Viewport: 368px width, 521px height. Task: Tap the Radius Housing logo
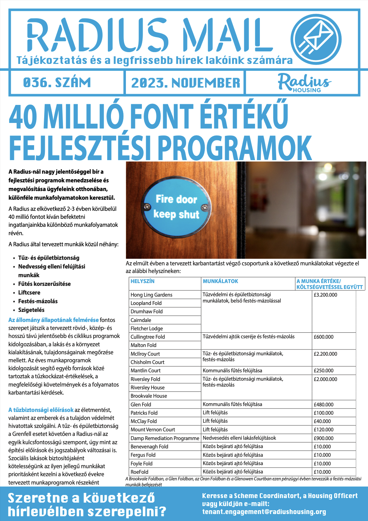pos(304,83)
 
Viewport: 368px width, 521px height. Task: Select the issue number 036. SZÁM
pos(57,83)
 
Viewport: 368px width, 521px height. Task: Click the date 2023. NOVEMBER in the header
pos(185,83)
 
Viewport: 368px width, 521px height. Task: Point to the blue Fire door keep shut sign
pos(177,206)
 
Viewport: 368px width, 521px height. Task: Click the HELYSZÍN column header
pos(143,281)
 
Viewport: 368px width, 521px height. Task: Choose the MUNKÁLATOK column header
pos(221,281)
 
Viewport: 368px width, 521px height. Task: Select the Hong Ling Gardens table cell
pos(151,295)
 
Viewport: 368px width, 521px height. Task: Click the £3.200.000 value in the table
pos(325,295)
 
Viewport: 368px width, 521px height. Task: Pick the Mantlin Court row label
pos(145,371)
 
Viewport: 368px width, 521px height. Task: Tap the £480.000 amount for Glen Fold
pos(323,405)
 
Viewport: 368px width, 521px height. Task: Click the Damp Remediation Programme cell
pos(165,438)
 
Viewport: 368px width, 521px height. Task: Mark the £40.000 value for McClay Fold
pos(322,421)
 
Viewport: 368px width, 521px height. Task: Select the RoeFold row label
pos(139,472)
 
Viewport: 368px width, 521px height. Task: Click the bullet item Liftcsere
pos(29,293)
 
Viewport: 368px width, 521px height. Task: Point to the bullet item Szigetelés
pos(31,310)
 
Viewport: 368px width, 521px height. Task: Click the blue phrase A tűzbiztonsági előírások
pos(41,410)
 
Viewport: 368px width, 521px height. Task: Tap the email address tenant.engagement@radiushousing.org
pos(264,512)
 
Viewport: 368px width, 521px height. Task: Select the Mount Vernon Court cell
pos(153,430)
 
